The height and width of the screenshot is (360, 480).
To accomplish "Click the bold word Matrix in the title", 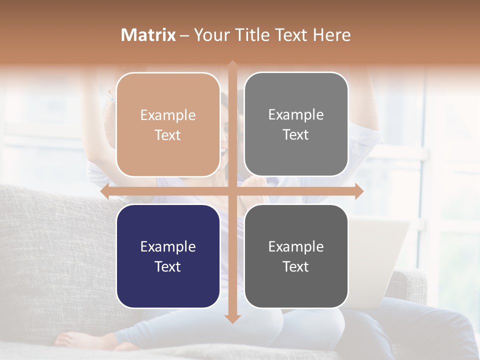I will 148,35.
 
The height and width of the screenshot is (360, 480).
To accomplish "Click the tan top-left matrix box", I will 168,100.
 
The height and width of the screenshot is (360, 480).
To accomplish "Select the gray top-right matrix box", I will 296,100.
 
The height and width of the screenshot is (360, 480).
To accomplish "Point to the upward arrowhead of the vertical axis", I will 232,65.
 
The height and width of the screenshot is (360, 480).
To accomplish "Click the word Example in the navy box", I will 168,246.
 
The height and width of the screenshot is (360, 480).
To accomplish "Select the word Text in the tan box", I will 168,135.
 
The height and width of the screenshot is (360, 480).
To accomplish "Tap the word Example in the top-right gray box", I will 296,114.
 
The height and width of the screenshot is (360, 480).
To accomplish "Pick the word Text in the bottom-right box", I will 296,266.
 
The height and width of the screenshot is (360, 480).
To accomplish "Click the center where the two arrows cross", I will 232,191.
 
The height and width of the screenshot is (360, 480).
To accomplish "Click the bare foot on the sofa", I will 75,340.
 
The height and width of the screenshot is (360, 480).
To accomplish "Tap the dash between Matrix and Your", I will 184,35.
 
